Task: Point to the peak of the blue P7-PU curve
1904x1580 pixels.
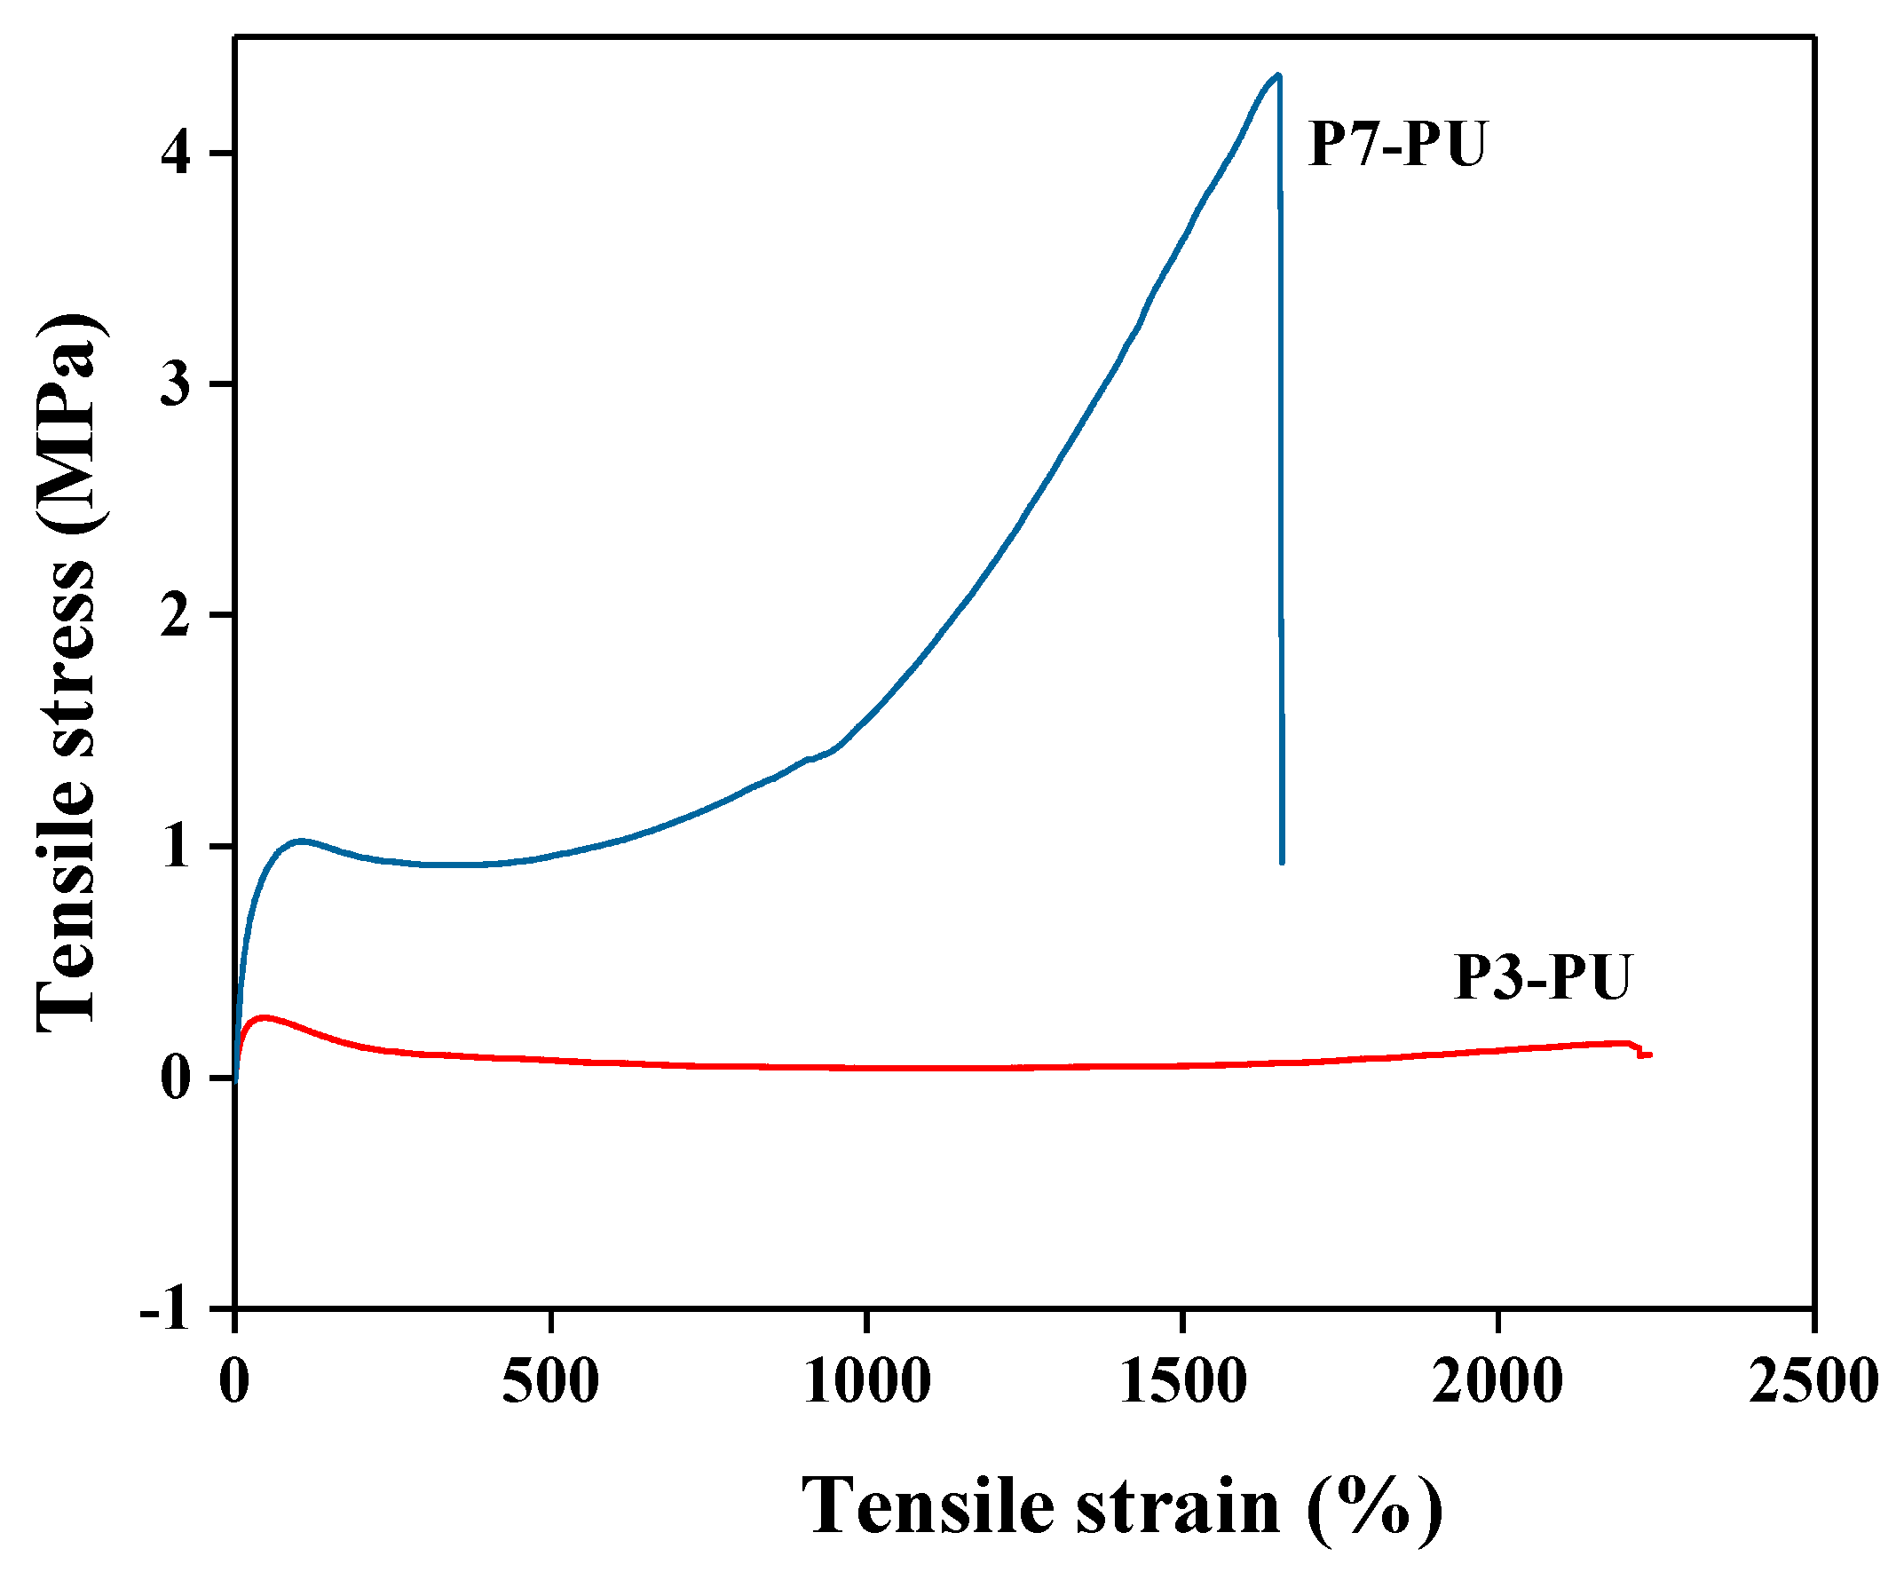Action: (x=1277, y=76)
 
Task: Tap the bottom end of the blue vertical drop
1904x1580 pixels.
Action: (x=1282, y=861)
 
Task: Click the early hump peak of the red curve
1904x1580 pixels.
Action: (x=264, y=1017)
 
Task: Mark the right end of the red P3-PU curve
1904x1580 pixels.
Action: (x=1649, y=1055)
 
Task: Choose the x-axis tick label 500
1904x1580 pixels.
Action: (x=550, y=1381)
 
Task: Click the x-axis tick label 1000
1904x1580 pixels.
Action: (x=866, y=1381)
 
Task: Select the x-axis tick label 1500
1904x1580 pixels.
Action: (x=1182, y=1381)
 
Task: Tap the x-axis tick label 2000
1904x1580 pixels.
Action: (x=1497, y=1381)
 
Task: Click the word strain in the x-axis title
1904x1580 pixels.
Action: (x=1178, y=1506)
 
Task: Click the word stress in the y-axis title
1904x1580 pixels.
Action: (x=66, y=659)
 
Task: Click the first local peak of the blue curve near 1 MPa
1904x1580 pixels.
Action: (x=302, y=841)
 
